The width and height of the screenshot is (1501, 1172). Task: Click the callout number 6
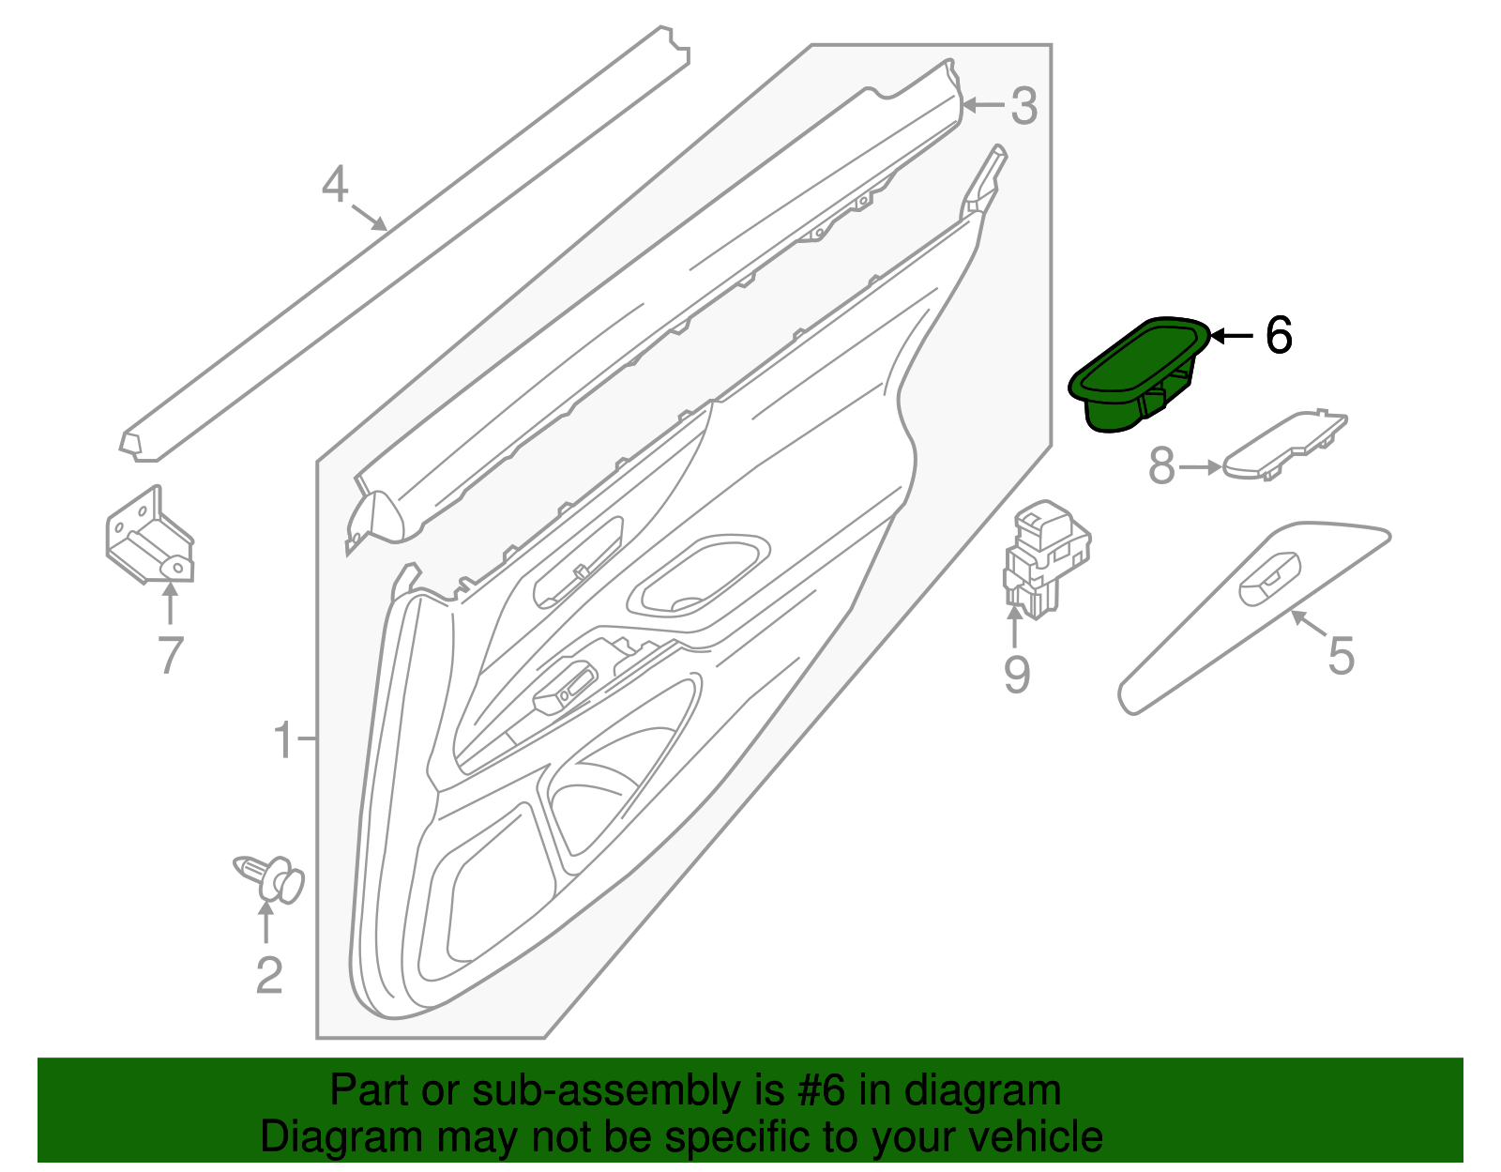(1279, 335)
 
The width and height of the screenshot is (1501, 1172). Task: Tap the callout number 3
(1023, 106)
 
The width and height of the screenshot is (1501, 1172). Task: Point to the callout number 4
(335, 185)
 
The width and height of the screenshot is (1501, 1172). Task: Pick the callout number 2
(269, 976)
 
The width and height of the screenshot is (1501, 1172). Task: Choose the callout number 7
(170, 655)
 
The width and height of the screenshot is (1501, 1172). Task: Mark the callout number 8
(1161, 466)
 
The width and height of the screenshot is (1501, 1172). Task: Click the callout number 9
(1017, 674)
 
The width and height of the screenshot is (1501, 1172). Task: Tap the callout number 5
(1342, 655)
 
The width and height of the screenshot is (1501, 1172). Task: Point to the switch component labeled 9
(1046, 559)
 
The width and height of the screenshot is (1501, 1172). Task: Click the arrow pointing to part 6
(1232, 335)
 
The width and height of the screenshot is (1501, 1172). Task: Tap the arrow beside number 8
(1202, 466)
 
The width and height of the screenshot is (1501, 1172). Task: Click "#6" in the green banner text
(823, 1091)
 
